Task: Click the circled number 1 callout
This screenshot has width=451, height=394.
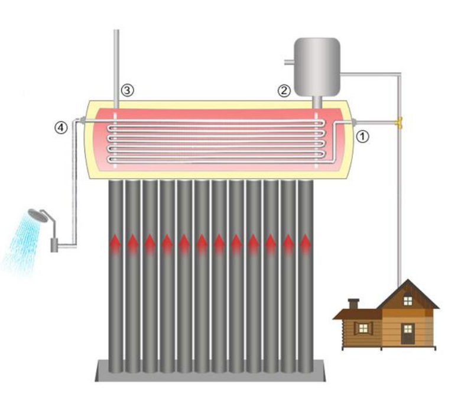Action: click(x=363, y=135)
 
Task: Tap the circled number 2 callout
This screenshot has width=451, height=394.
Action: click(x=284, y=91)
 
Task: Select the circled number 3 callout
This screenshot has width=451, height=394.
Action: click(x=128, y=91)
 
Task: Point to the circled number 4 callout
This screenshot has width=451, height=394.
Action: click(x=61, y=127)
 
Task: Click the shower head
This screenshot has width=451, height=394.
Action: click(x=38, y=215)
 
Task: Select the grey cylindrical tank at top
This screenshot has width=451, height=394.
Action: click(x=317, y=66)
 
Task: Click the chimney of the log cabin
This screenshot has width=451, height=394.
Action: click(x=353, y=303)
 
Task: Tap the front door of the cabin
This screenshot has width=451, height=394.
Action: click(x=408, y=334)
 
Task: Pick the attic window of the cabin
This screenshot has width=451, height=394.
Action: click(x=408, y=301)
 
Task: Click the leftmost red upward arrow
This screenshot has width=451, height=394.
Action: click(x=115, y=243)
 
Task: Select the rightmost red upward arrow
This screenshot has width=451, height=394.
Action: click(x=305, y=243)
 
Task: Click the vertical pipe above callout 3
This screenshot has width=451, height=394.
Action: click(x=116, y=59)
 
